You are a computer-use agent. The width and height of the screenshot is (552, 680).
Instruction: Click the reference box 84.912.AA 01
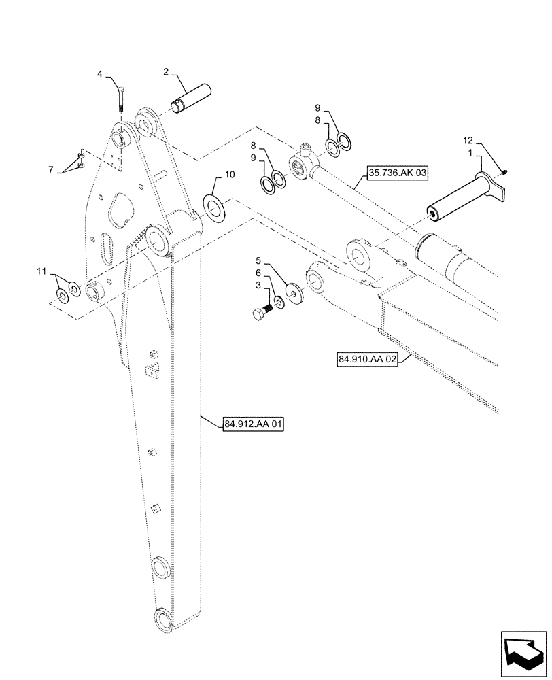[x=253, y=424]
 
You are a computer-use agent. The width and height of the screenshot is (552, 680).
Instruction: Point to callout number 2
[x=165, y=71]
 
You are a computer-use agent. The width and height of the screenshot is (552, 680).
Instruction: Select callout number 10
[x=229, y=175]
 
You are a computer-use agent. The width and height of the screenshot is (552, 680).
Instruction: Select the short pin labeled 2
[x=191, y=97]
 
